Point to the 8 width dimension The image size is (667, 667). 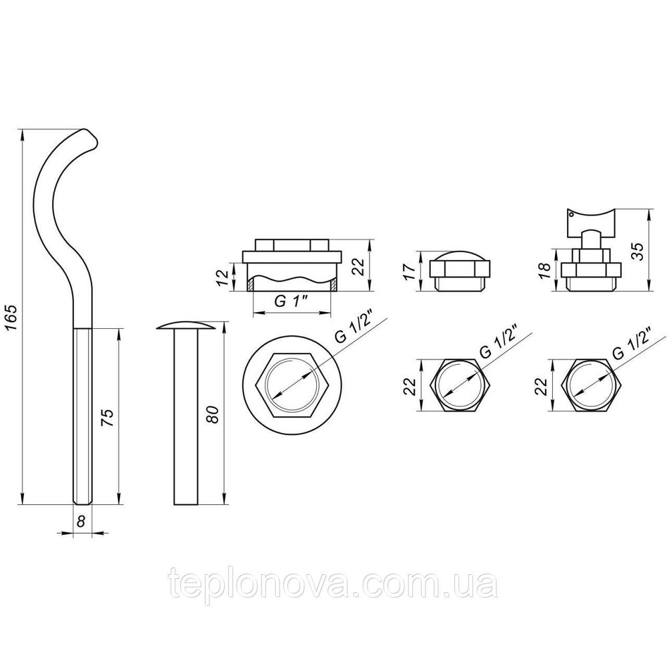81,522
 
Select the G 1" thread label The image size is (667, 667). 291,301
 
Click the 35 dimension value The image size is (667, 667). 638,251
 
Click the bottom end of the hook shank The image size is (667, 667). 82,500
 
